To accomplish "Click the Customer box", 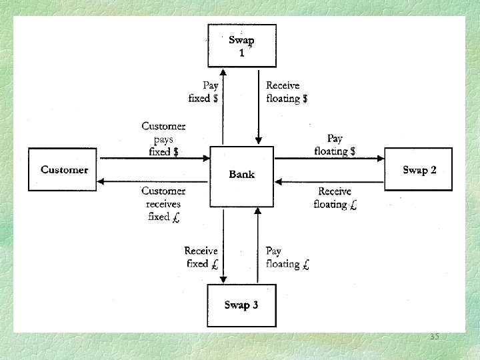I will [64, 169].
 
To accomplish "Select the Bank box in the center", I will [241, 175].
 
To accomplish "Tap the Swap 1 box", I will [241, 45].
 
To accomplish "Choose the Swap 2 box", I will [419, 170].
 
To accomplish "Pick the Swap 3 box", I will [241, 305].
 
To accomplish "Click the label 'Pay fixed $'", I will [203, 91].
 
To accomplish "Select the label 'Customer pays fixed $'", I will [163, 139].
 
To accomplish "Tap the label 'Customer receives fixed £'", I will [163, 203].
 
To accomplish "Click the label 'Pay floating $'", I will [335, 145].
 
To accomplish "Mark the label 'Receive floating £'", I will [335, 198].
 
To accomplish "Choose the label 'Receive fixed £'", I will [201, 257].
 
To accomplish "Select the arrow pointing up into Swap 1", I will [223, 107].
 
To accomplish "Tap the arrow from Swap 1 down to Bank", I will [259, 107].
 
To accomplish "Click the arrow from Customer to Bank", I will [153, 158].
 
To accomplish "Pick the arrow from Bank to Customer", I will [153, 181].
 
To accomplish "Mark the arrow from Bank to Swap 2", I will [330, 158].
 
